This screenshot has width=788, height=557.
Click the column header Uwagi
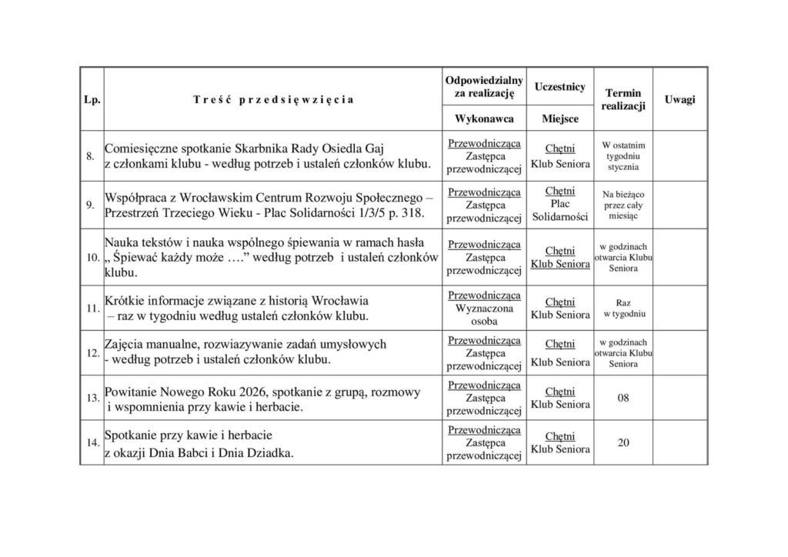[679, 100]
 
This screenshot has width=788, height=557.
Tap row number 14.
[92, 443]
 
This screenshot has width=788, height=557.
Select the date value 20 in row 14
[623, 443]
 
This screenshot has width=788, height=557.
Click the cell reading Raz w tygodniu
[623, 309]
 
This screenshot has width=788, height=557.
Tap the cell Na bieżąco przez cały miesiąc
[623, 205]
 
